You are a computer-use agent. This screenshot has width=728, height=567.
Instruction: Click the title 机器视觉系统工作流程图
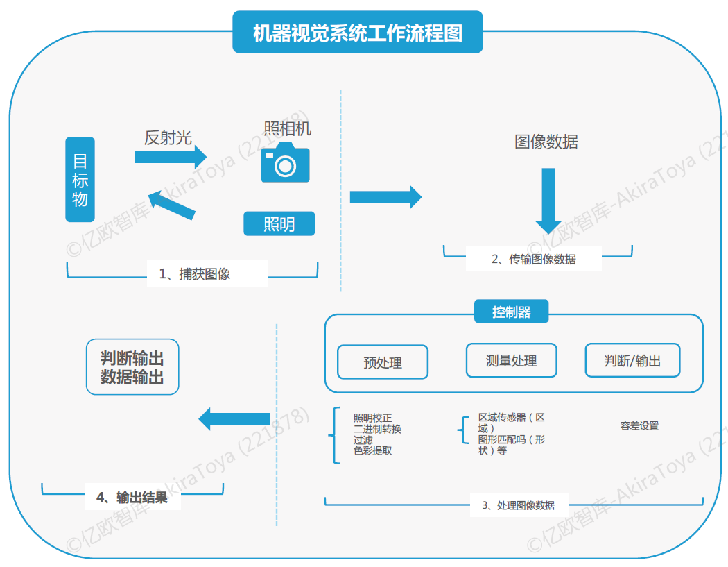357,33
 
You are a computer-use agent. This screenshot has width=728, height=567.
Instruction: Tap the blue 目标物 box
80,179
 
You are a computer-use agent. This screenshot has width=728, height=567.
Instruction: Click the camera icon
285,162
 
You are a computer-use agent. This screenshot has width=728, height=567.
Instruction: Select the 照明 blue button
279,223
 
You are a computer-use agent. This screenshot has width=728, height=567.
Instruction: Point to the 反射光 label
168,137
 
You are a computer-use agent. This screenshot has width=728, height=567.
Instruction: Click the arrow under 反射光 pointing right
171,158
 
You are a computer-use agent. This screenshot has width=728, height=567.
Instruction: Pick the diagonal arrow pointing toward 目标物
172,205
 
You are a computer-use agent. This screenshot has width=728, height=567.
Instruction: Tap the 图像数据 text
546,142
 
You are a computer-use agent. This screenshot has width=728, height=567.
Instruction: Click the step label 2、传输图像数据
533,259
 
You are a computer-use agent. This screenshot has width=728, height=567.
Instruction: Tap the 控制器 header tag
511,312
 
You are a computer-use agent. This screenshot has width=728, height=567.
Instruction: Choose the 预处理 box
382,362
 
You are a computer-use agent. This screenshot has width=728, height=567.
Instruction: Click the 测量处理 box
511,360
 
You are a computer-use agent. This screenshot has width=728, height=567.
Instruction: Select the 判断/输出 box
632,360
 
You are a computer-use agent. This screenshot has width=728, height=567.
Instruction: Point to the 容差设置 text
639,425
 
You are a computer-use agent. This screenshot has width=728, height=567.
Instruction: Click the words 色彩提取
372,450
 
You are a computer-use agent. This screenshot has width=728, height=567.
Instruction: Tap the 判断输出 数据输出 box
132,367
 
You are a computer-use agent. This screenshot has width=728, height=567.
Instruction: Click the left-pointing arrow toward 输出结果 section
234,418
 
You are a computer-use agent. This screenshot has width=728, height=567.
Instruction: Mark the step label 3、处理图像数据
518,505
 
